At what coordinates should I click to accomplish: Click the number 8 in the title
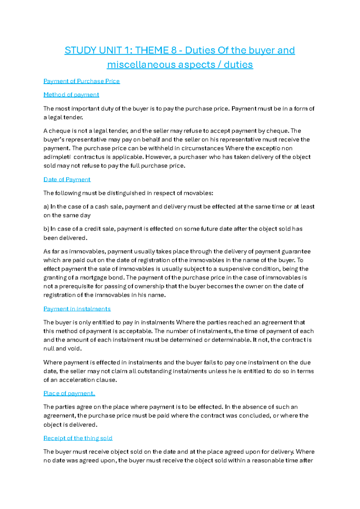[x=174, y=50]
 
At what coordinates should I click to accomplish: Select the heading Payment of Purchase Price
[x=82, y=81]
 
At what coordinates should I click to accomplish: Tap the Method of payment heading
[x=71, y=95]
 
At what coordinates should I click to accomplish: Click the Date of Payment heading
[x=67, y=179]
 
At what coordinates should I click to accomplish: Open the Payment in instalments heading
[x=77, y=309]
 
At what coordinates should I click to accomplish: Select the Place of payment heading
[x=69, y=393]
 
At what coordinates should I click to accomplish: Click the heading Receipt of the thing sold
[x=78, y=438]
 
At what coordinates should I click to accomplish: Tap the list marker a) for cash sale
[x=46, y=207]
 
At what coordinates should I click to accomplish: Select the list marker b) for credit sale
[x=46, y=229]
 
